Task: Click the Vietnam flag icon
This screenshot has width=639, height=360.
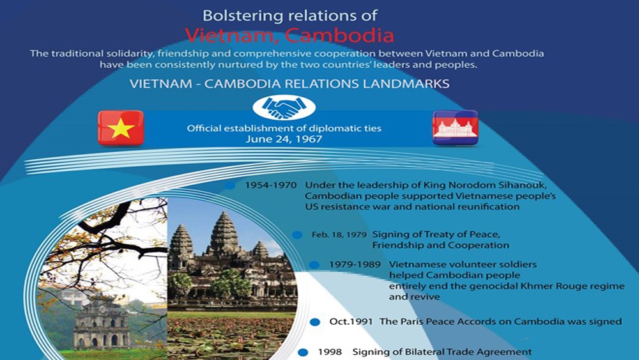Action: click(x=121, y=128)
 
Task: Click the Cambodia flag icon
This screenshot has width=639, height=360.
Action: click(x=455, y=128)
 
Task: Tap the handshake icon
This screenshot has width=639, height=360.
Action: click(x=284, y=107)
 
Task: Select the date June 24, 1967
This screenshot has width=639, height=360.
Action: click(x=284, y=139)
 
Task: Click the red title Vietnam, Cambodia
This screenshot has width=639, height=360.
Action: click(x=289, y=35)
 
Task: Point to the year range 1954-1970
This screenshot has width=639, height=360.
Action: click(x=270, y=185)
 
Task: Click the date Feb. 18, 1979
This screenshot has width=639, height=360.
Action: click(x=339, y=235)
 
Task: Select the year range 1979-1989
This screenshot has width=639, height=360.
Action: click(x=355, y=265)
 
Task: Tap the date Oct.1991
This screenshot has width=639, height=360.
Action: click(x=351, y=322)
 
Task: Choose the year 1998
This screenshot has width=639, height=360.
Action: click(x=330, y=352)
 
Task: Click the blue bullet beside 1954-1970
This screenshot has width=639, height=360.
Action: click(x=230, y=186)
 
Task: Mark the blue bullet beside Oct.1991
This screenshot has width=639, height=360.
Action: click(x=314, y=322)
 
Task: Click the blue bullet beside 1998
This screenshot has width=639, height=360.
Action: click(x=303, y=353)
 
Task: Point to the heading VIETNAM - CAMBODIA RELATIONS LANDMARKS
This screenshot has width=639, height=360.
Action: click(x=289, y=84)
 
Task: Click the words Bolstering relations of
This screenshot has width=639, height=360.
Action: click(x=289, y=16)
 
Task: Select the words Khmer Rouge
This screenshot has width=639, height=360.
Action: click(x=537, y=286)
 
